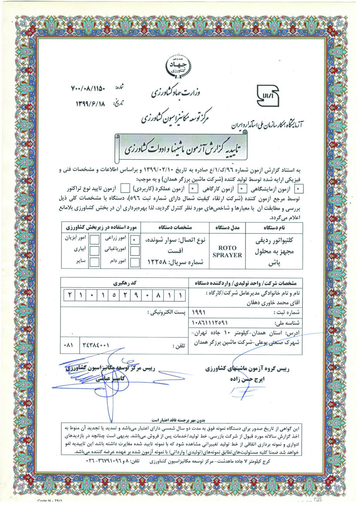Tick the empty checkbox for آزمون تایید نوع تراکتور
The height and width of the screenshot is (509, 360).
(x=124, y=189)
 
